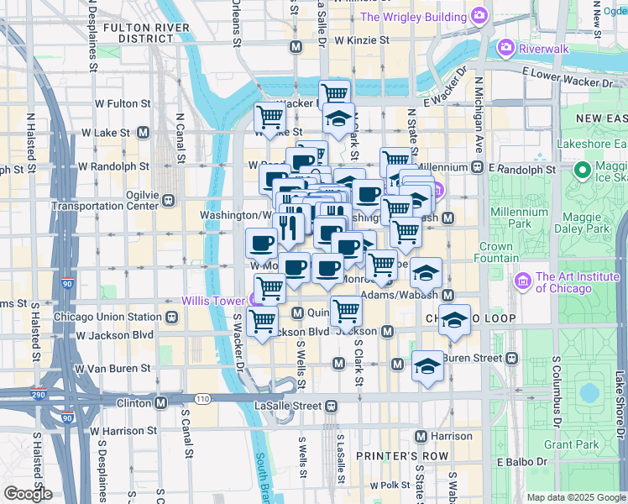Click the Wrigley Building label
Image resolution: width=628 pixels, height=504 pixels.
click(x=413, y=17)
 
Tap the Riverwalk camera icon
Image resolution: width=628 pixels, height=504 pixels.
click(x=506, y=48)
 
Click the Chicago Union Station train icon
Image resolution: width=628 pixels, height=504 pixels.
click(x=170, y=318)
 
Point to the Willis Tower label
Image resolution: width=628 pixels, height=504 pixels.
click(x=214, y=301)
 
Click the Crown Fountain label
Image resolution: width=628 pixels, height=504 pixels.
click(x=496, y=252)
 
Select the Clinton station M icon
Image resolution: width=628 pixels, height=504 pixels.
click(x=160, y=402)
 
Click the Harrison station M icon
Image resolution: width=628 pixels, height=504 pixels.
click(x=421, y=436)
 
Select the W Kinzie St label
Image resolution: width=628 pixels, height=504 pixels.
click(x=361, y=39)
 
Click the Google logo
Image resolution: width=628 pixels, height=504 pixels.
click(x=28, y=493)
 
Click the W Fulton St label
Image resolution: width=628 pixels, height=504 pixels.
click(x=121, y=104)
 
